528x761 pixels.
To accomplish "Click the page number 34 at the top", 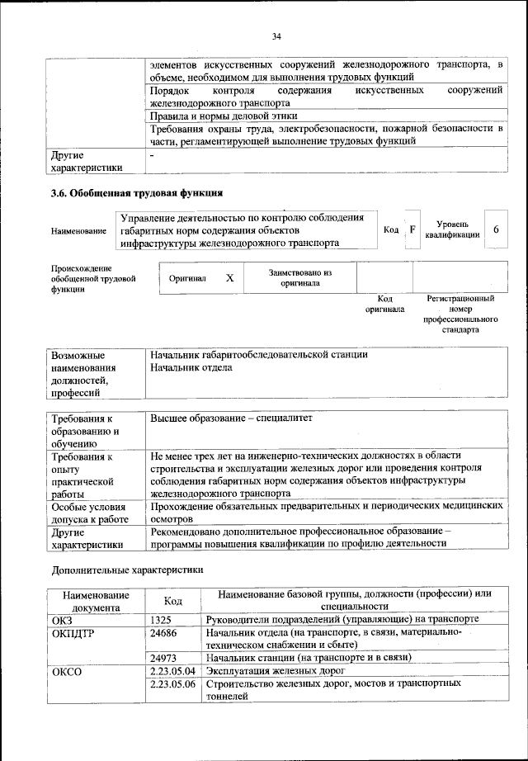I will click(x=276, y=36).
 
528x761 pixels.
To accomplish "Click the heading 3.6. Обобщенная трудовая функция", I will click(x=136, y=195).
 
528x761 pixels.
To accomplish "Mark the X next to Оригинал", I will click(x=230, y=278).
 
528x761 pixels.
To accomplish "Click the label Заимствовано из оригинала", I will click(x=299, y=277).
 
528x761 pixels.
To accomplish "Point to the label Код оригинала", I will click(x=384, y=304).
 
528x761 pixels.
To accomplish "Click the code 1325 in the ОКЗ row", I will click(x=161, y=619).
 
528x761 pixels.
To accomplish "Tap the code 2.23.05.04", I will click(x=172, y=671).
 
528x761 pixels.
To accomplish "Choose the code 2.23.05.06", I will click(x=172, y=684).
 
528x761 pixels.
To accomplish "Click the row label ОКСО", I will click(x=68, y=671).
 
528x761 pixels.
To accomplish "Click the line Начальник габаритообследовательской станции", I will click(x=258, y=354).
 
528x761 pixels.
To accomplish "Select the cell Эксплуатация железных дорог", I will click(x=276, y=671).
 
